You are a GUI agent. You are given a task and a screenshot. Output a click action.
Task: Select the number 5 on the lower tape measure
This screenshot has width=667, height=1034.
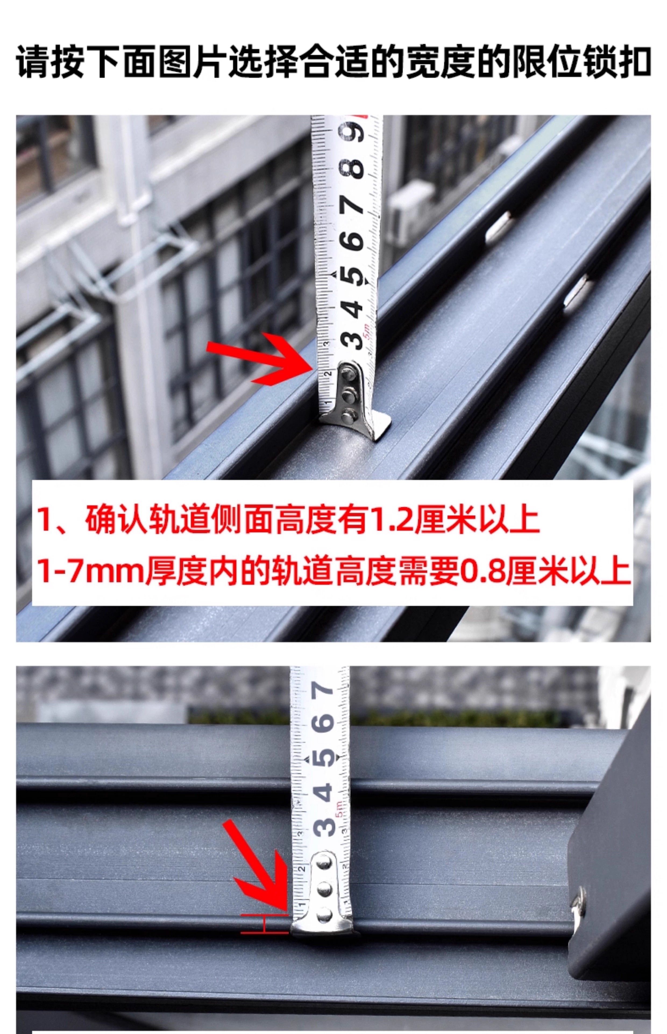(325, 757)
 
